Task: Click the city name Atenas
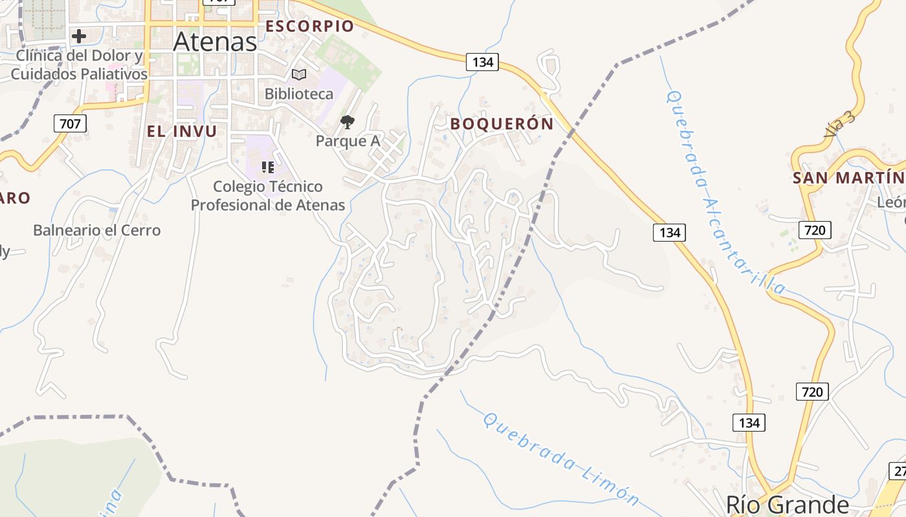click(x=215, y=42)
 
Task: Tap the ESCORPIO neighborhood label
click(x=310, y=26)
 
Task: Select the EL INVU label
click(x=181, y=131)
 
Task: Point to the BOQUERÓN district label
click(x=502, y=123)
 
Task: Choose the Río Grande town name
click(x=787, y=504)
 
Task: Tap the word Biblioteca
click(x=299, y=94)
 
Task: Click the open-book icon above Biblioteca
click(x=299, y=74)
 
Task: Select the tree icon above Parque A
click(x=348, y=121)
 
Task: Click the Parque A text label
click(x=347, y=140)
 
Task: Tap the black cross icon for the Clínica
click(x=79, y=36)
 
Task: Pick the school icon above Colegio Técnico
click(x=268, y=168)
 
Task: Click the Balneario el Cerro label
click(x=96, y=230)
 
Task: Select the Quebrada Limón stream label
click(x=561, y=459)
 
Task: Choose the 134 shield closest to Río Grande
click(x=749, y=423)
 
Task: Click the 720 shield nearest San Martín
click(x=814, y=229)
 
